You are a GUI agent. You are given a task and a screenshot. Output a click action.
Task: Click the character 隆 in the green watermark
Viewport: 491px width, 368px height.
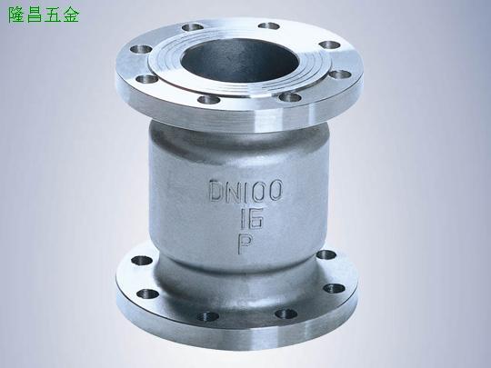click(x=16, y=15)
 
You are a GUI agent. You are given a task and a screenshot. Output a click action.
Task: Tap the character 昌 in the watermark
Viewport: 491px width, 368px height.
click(x=35, y=15)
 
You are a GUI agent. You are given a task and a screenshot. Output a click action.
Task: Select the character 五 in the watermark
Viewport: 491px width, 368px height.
click(x=53, y=15)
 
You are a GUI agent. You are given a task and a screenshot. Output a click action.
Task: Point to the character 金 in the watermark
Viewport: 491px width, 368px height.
click(x=71, y=15)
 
